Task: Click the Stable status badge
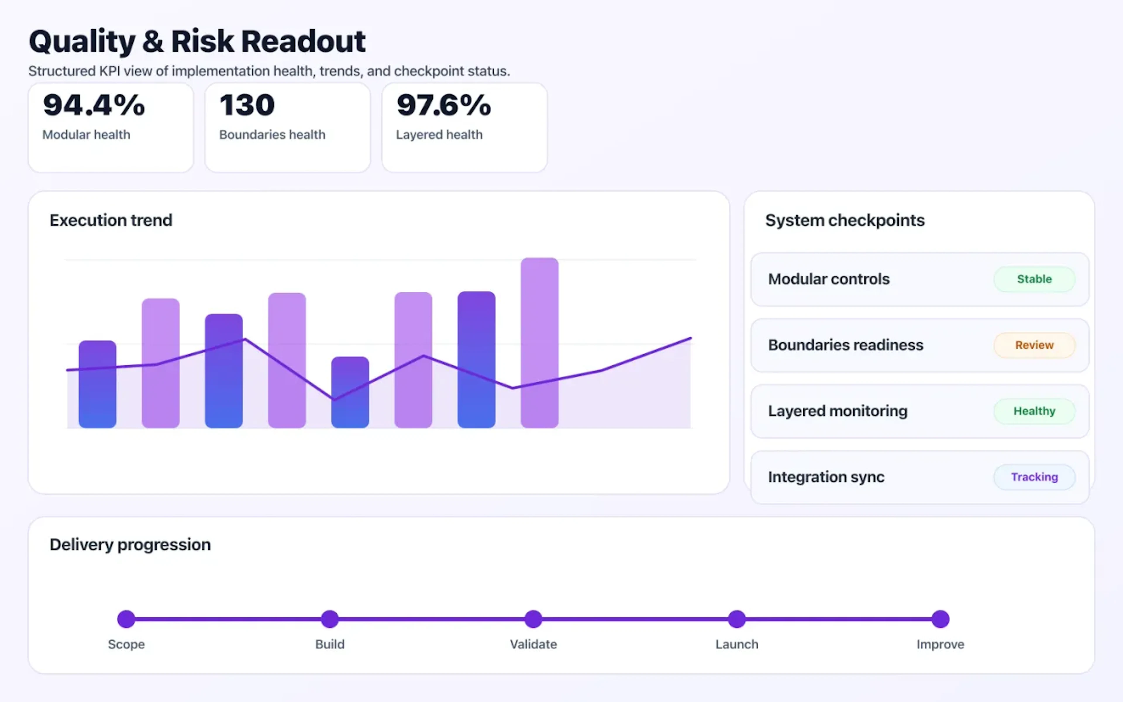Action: [1034, 279]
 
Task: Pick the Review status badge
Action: [1034, 345]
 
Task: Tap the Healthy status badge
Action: [1034, 411]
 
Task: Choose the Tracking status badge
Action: [1034, 477]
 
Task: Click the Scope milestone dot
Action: [126, 619]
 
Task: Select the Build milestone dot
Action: [330, 619]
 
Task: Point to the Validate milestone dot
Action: [533, 619]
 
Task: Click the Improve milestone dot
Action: [940, 619]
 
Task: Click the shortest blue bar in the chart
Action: [350, 392]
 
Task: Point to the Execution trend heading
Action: [111, 220]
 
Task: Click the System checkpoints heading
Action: [845, 220]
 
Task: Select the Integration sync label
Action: [826, 477]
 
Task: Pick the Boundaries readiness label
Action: [845, 345]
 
